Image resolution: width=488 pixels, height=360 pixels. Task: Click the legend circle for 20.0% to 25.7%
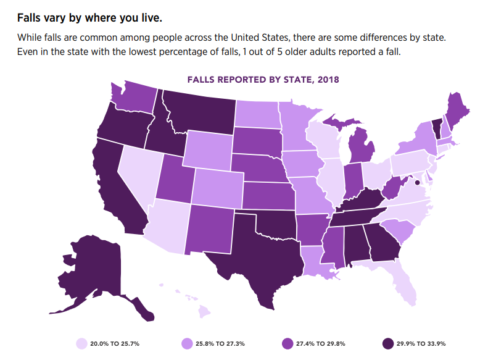(x=81, y=343)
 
